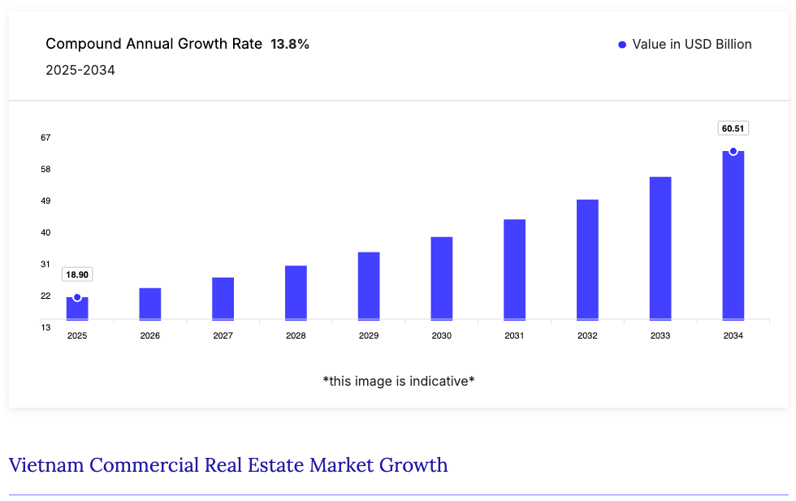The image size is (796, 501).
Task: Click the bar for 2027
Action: click(x=223, y=299)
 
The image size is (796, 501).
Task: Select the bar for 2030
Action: click(x=442, y=279)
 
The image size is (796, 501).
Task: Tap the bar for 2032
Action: click(x=587, y=260)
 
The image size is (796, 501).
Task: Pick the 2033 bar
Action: click(x=660, y=248)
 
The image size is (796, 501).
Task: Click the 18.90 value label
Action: click(x=77, y=274)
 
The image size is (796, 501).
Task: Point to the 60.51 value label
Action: click(x=733, y=128)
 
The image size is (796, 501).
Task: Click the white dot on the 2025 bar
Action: click(x=77, y=297)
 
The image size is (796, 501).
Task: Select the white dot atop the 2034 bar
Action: click(x=733, y=151)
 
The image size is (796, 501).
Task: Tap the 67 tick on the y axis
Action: click(x=45, y=137)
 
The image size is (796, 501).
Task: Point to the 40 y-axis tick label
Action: click(x=45, y=232)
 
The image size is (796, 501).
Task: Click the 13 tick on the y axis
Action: click(x=45, y=327)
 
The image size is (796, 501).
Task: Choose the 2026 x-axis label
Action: click(x=150, y=335)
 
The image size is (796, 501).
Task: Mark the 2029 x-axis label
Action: click(x=369, y=335)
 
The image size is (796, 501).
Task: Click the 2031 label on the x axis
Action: click(x=514, y=335)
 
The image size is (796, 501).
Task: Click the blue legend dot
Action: click(x=622, y=45)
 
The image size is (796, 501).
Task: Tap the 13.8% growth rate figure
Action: click(x=290, y=45)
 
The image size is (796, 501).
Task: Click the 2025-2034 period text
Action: click(x=80, y=71)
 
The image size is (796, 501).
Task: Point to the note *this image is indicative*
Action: click(x=398, y=381)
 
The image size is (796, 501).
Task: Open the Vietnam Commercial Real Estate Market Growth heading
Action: click(x=228, y=465)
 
